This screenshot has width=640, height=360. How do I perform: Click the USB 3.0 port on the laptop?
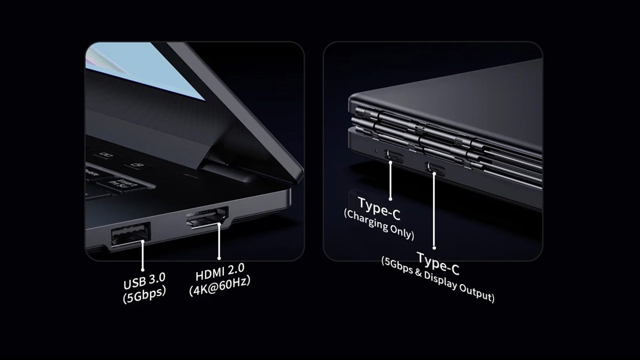[x=130, y=234]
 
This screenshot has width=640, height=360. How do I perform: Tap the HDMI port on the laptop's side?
[x=207, y=217]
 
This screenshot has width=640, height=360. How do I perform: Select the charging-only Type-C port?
[x=394, y=155]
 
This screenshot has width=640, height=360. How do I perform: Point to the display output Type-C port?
[x=434, y=168]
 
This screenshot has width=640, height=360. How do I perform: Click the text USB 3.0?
[x=144, y=281]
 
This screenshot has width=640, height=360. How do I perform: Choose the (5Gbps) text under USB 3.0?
[x=144, y=294]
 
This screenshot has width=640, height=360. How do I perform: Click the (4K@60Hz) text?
[x=219, y=286]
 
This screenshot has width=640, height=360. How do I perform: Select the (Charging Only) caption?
[x=379, y=225]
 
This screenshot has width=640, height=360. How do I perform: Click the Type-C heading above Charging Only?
[x=379, y=209]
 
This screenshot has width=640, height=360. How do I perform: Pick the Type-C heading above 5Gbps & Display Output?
[x=437, y=263]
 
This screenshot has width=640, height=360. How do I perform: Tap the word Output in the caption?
[x=476, y=293]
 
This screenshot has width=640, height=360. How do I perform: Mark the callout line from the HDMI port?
[x=219, y=241]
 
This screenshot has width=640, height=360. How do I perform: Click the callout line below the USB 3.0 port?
[x=142, y=255]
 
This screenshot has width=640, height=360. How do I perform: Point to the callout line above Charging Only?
[x=390, y=180]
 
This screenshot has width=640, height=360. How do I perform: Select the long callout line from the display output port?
[x=434, y=210]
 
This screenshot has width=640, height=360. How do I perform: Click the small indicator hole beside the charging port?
[x=376, y=150]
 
